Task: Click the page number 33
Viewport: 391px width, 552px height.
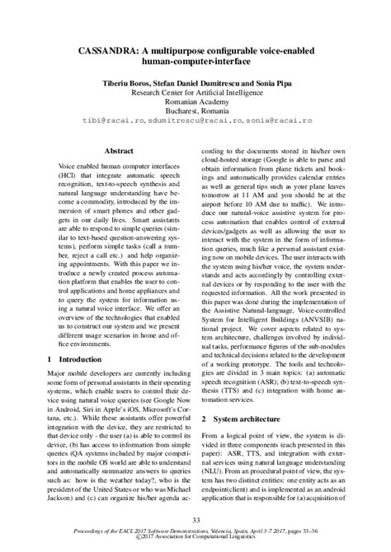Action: point(196,519)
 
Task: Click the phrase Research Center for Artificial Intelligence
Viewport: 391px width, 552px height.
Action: point(196,94)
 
